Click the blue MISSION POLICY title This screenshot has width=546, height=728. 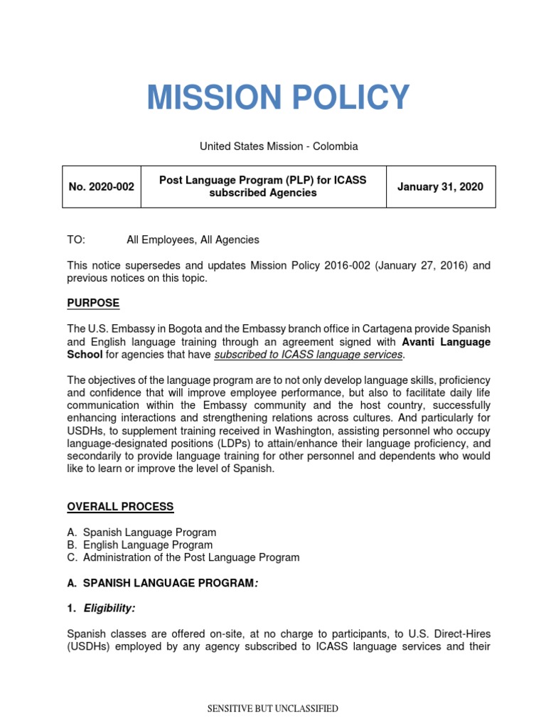[278, 97]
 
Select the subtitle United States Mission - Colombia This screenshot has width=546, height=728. [278, 146]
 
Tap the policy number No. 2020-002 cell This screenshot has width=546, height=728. [101, 187]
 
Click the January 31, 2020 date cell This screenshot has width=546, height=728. [441, 187]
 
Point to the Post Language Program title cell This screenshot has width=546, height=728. [263, 187]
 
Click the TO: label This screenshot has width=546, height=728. [76, 240]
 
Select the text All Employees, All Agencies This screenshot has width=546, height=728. [193, 240]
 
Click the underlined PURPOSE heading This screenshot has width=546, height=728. [93, 304]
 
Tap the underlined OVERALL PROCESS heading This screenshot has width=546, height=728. [120, 507]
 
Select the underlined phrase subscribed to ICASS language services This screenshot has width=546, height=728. [309, 355]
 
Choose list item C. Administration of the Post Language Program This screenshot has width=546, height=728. [183, 558]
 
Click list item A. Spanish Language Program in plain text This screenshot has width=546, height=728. [142, 532]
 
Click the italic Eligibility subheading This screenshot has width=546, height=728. [110, 609]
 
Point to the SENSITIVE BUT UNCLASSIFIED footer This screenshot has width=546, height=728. [272, 709]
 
